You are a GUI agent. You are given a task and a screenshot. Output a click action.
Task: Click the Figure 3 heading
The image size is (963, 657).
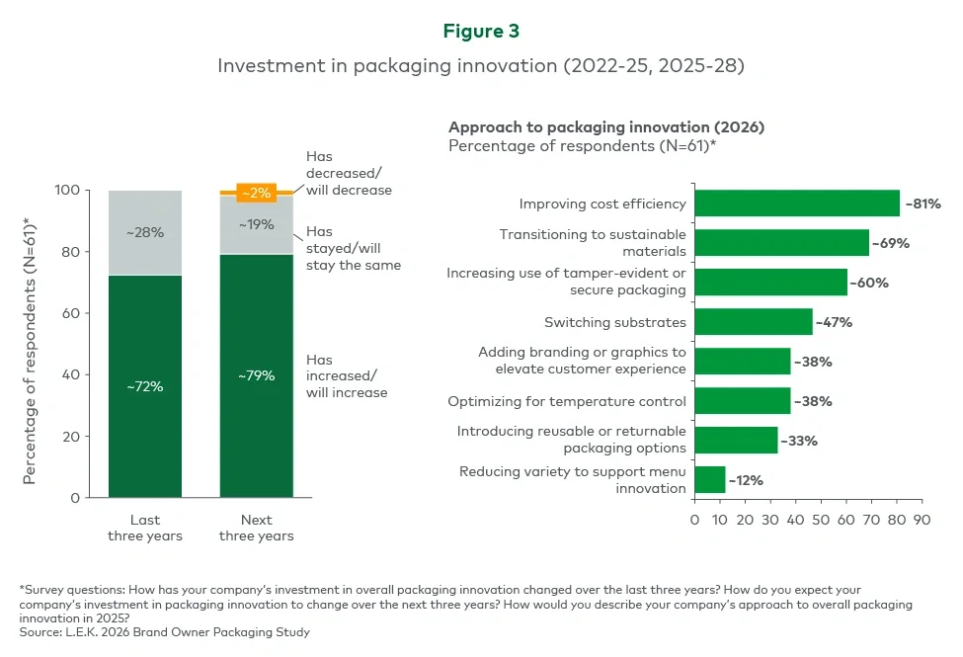click(481, 31)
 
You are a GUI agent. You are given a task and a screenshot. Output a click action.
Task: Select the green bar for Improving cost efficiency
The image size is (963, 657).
click(796, 204)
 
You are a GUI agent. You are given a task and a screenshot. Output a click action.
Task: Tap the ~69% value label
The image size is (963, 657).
click(890, 243)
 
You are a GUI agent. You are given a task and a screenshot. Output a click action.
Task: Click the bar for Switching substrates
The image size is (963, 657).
click(753, 322)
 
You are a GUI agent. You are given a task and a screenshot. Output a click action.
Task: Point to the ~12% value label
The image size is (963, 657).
click(746, 480)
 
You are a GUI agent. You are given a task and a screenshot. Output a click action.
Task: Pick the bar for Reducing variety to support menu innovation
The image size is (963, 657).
click(709, 480)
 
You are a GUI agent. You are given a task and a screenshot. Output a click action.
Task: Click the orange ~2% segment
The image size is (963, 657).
click(257, 192)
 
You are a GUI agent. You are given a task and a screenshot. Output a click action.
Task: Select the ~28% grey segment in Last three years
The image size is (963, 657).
click(145, 233)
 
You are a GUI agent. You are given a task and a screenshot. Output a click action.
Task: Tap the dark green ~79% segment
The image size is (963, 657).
click(257, 375)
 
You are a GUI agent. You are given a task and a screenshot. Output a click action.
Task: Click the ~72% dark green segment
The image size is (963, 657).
click(145, 386)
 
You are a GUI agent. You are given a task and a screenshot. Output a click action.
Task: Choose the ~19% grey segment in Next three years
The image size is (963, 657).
click(257, 224)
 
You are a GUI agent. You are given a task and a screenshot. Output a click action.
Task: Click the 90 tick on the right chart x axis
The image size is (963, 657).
click(921, 520)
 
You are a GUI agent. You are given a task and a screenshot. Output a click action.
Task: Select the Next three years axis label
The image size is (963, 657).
click(257, 528)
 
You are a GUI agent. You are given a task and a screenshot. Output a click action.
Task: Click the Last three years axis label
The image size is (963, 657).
click(145, 528)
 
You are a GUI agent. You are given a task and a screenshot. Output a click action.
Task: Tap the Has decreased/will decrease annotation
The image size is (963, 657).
click(348, 173)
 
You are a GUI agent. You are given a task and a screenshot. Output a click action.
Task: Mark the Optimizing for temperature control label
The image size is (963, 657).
click(566, 401)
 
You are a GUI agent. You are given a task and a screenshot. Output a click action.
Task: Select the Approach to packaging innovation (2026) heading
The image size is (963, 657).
click(606, 127)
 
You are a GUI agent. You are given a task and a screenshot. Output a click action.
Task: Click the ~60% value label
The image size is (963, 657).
click(868, 283)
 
